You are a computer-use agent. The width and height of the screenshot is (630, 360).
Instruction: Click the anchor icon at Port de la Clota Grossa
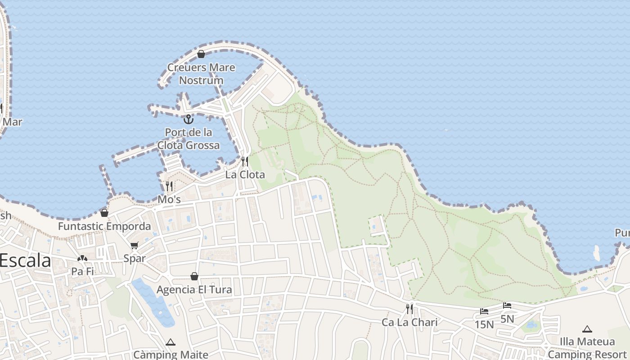[189, 119]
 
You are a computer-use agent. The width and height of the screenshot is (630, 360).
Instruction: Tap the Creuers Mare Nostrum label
[201, 74]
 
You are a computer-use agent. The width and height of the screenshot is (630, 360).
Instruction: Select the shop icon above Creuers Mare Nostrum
[201, 54]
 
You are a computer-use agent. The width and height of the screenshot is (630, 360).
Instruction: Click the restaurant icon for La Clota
[245, 161]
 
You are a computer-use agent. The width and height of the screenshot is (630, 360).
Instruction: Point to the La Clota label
[245, 175]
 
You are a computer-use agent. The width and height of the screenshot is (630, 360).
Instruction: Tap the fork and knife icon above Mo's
[169, 186]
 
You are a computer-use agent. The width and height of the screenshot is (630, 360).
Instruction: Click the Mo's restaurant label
[169, 199]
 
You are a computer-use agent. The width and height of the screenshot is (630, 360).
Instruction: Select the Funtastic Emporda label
[104, 226]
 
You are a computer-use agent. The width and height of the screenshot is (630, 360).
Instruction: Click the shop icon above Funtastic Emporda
[104, 212]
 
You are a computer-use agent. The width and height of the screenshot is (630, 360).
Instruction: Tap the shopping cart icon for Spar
[134, 245]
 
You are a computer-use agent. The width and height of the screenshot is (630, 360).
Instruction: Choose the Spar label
[135, 258]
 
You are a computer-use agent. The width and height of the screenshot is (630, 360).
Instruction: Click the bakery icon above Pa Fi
[82, 259]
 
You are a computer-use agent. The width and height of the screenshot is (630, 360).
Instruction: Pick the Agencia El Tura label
[194, 289]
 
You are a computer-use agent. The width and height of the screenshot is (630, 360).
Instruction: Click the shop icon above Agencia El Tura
[194, 276]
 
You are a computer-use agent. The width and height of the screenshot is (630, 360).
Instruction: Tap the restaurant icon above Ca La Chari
[409, 309]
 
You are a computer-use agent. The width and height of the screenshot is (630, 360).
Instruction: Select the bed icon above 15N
[484, 311]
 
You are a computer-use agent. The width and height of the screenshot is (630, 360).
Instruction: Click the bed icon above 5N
[507, 306]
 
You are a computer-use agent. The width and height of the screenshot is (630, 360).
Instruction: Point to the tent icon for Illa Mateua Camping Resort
[587, 329]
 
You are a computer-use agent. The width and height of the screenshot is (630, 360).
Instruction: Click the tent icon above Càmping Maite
[171, 342]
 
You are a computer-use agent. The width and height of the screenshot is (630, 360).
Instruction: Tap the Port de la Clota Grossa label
[189, 139]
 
